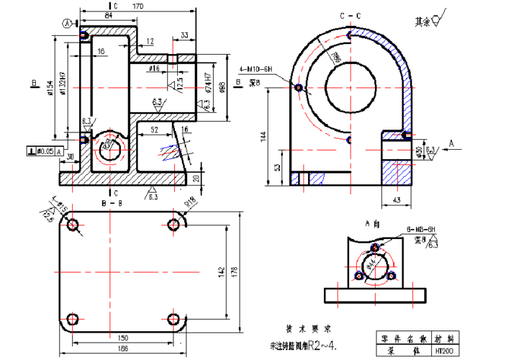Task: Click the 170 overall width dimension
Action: (x=139, y=6)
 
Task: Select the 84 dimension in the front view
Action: (x=108, y=14)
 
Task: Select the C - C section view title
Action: (x=350, y=15)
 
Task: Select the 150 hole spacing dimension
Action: (x=122, y=337)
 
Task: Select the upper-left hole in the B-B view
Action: (x=73, y=225)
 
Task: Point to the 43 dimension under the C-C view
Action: (x=395, y=199)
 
